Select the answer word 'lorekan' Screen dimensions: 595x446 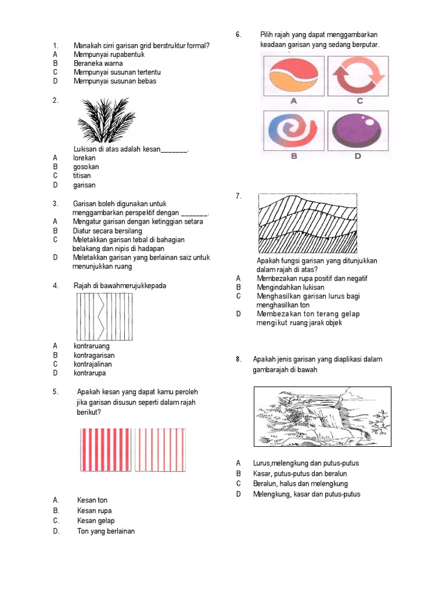point(84,157)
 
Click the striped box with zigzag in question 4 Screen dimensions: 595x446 point(105,316)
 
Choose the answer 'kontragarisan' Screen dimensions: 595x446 point(94,355)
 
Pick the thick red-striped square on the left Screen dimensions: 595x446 point(106,450)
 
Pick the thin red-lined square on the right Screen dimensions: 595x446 point(160,450)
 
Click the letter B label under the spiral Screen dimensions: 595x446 point(294,156)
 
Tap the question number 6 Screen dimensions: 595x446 point(239,35)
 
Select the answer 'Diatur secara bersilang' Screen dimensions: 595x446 point(107,230)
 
